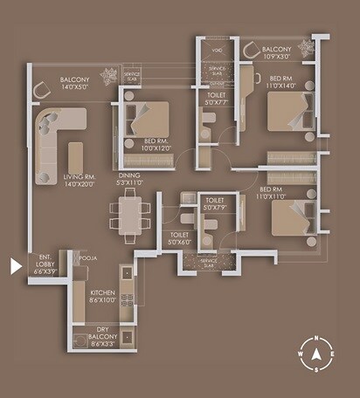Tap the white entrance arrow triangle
[x=15, y=265]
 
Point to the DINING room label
[x=129, y=178]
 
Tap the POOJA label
[x=87, y=259]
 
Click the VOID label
[x=218, y=51]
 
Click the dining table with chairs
[x=129, y=216]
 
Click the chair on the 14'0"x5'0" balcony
[x=41, y=91]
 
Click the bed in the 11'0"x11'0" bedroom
[x=291, y=216]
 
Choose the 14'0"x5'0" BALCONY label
[x=75, y=83]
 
